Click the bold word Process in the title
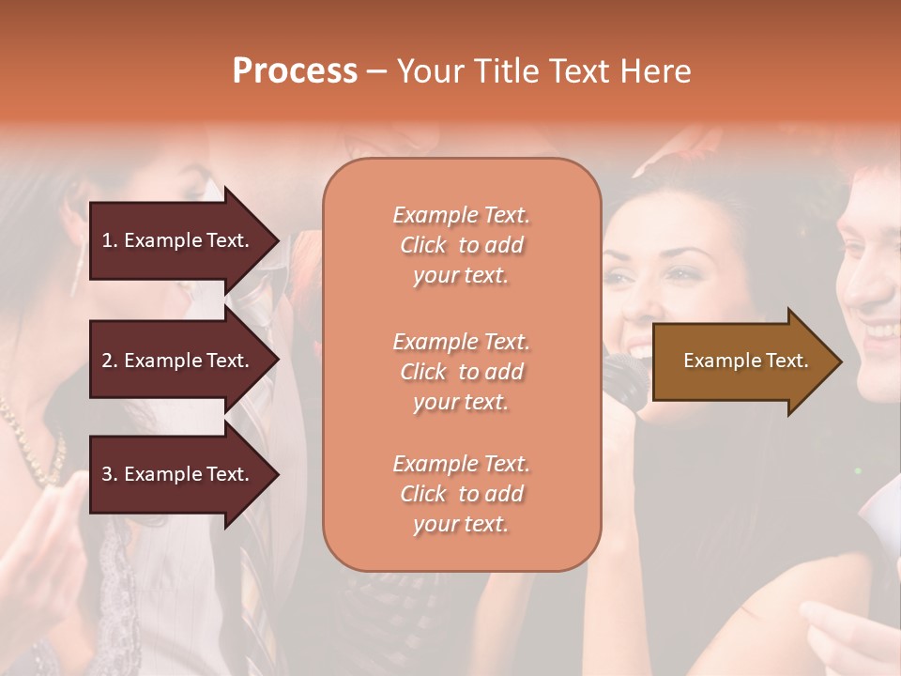click(295, 71)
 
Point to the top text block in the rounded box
click(461, 245)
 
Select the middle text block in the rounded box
click(461, 372)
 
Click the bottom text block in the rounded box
click(461, 494)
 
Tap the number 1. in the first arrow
click(110, 240)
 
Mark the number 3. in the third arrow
click(110, 474)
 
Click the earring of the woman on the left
click(77, 272)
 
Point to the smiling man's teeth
click(882, 330)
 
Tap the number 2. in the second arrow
click(110, 361)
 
